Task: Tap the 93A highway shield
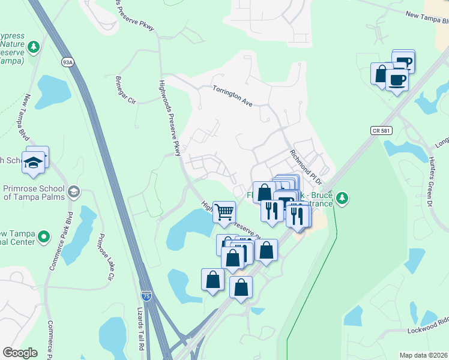pos(67,62)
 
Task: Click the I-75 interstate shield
pos(146,296)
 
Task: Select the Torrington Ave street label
pos(232,95)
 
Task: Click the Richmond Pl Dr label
pos(307,167)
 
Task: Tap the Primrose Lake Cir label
pos(106,257)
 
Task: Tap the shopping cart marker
pos(224,211)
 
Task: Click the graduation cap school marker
pos(32,161)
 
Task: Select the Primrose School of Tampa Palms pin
pos(73,192)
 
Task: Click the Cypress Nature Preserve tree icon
pos(35,46)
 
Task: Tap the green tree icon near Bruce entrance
pos(342,197)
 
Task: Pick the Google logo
pos(20,353)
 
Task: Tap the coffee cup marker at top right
pos(397,80)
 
